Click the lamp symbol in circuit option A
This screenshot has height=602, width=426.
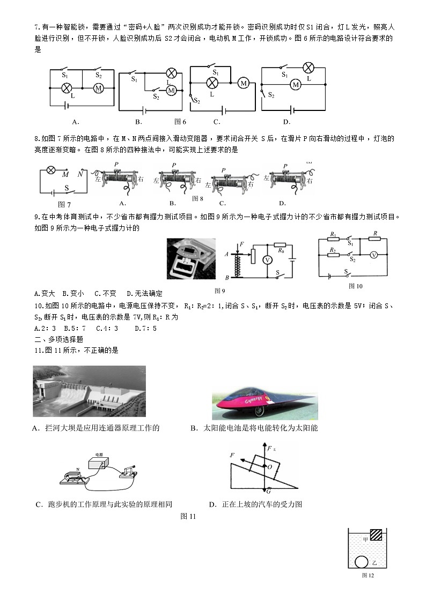coord(67,88)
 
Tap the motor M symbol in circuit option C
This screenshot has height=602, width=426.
coord(243,83)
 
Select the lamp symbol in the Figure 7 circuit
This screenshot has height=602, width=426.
coord(51,170)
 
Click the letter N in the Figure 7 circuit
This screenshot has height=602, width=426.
coord(79,174)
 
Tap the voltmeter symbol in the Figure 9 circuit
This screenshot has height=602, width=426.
coord(267,259)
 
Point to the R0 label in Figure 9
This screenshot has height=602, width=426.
coord(281,250)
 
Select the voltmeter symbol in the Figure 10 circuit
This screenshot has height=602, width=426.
coord(374,255)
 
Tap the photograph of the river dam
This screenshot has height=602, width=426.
coord(89,391)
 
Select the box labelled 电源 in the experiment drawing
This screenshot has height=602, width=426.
coord(99,464)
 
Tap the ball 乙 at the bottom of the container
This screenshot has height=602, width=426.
coord(362,562)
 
